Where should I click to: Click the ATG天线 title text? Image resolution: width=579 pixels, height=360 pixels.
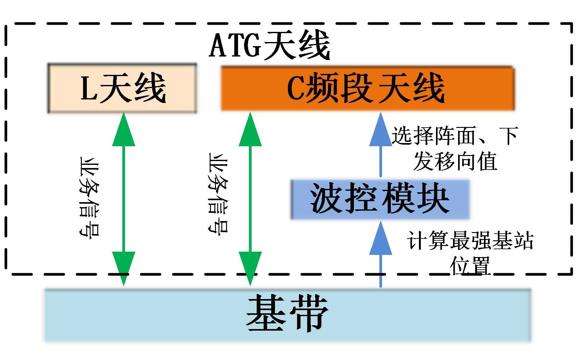(269, 45)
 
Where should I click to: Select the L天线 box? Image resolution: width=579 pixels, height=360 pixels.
(122, 88)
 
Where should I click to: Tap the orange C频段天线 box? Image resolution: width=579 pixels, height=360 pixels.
(367, 88)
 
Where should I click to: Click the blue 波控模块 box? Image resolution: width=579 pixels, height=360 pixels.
(380, 199)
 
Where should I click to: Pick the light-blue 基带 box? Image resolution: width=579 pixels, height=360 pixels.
(287, 315)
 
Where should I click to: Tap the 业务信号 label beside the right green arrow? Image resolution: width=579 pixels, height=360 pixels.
(218, 194)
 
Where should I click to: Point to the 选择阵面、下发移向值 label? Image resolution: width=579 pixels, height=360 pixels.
(455, 148)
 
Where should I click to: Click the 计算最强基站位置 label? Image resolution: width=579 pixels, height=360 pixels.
(470, 253)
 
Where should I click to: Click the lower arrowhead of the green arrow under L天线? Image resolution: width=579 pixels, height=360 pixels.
(124, 267)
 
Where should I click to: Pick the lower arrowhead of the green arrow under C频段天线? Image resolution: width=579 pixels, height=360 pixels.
(250, 267)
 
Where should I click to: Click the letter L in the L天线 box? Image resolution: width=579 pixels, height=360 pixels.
(89, 88)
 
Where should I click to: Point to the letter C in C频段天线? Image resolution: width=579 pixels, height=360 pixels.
(295, 89)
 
